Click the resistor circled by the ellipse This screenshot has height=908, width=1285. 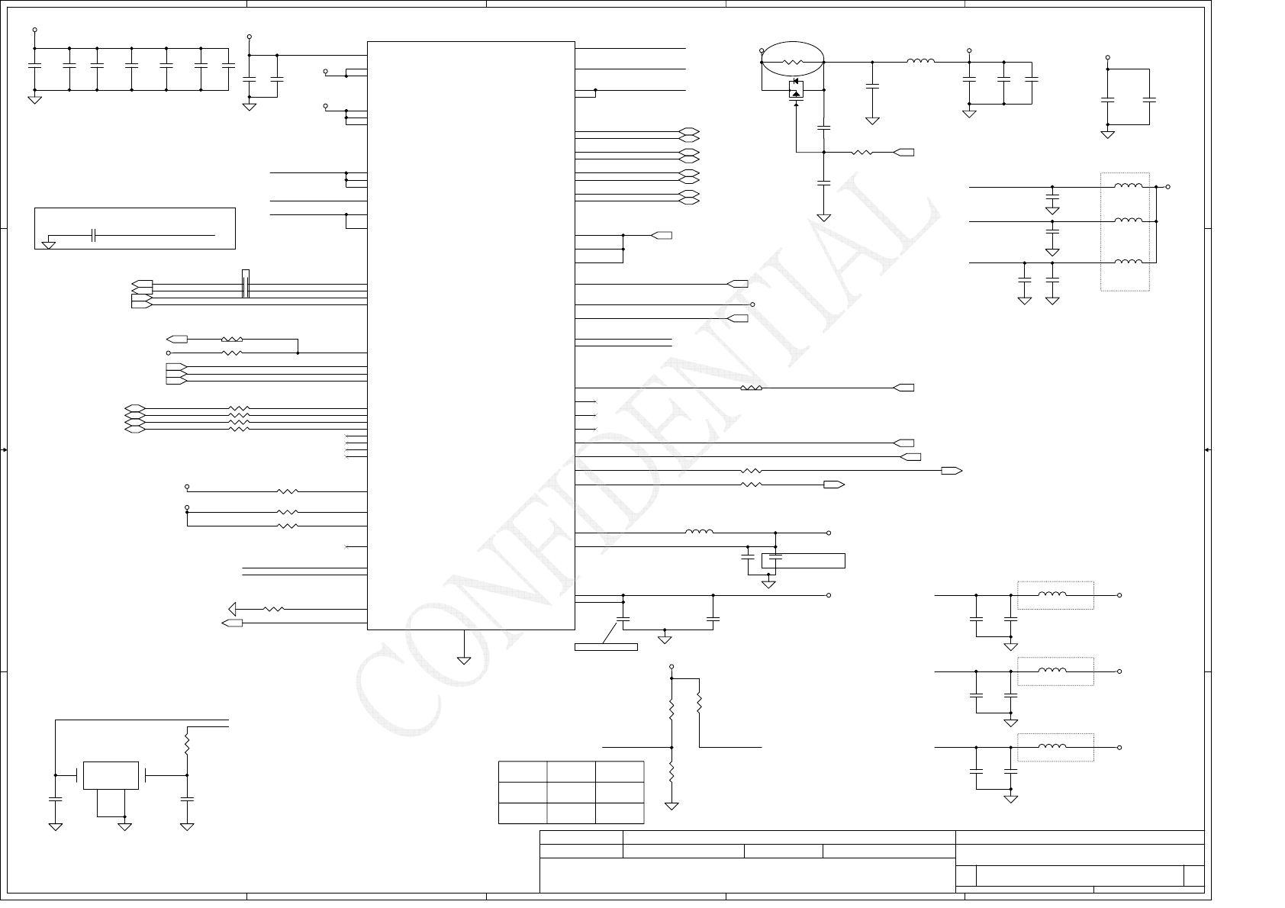793,62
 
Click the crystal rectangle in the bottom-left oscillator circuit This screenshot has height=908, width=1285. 111,775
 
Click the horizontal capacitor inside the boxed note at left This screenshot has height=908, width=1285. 94,236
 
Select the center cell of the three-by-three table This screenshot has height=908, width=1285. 571,792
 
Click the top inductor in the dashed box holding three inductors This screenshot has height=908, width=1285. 1128,186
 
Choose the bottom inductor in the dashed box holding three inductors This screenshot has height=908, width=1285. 1128,262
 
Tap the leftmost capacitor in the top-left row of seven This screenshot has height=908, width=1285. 34,66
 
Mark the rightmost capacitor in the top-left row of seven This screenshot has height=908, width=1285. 227,66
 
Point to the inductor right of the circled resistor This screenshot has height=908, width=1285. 920,62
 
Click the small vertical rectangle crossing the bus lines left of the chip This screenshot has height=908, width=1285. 246,284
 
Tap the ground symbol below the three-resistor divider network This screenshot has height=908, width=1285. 671,806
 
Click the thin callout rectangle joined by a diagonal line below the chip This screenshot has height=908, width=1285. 606,648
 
